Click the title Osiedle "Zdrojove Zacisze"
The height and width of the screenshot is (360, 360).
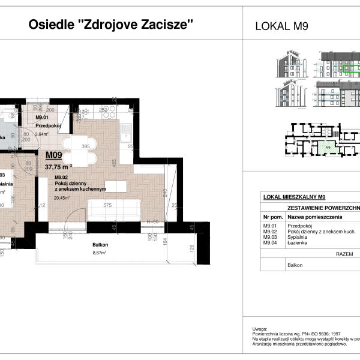112,25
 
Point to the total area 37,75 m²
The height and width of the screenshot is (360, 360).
59,167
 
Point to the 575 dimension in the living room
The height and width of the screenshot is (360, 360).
109,205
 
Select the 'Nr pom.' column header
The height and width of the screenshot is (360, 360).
272,216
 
